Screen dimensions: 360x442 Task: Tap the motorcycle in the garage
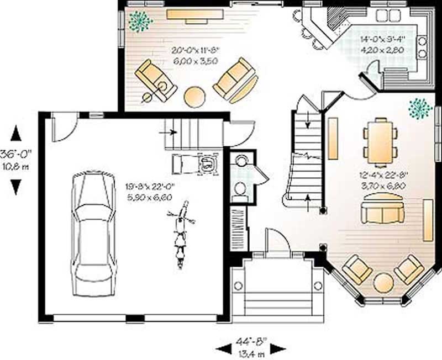click(180, 235)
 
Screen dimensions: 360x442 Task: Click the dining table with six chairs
click(381, 141)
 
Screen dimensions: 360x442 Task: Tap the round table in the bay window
click(383, 283)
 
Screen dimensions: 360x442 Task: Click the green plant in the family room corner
click(140, 21)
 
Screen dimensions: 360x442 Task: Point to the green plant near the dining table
click(420, 108)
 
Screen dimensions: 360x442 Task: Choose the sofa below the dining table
click(382, 211)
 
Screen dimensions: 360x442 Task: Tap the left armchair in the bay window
click(356, 269)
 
